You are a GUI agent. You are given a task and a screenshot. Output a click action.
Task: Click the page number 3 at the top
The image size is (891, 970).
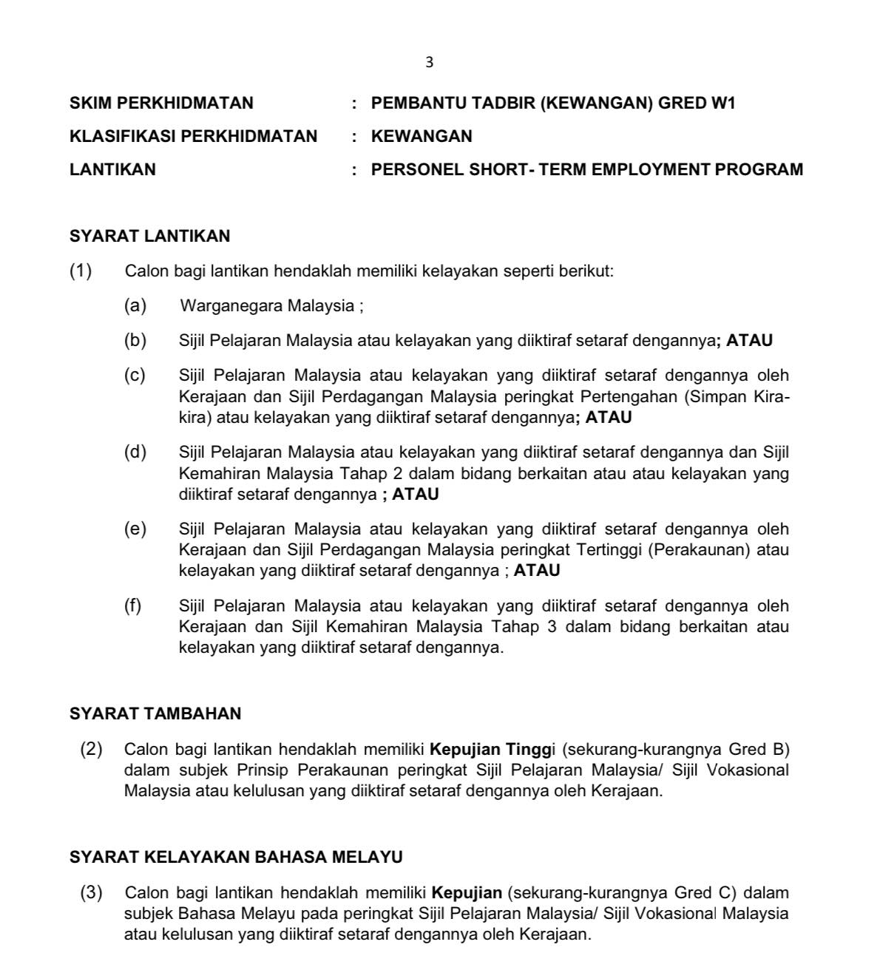[430, 63]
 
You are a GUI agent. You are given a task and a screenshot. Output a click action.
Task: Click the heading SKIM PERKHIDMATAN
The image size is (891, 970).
[161, 104]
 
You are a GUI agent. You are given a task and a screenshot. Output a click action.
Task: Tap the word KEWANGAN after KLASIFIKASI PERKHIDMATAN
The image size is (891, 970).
[421, 137]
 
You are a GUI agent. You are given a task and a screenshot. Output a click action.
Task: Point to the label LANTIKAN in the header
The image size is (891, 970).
[112, 170]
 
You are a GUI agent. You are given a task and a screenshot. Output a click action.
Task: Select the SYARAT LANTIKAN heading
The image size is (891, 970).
[149, 237]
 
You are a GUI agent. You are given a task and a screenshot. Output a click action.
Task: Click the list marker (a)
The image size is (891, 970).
[135, 305]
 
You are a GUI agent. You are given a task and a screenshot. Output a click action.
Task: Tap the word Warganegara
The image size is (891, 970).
[231, 305]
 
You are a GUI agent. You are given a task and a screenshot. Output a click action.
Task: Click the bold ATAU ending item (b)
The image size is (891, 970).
[749, 341]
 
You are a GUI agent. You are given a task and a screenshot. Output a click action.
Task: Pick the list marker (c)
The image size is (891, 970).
[135, 376]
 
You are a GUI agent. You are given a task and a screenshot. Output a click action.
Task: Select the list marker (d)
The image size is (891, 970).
[135, 452]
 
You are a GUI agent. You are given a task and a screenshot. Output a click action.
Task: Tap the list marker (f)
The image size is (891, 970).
[133, 606]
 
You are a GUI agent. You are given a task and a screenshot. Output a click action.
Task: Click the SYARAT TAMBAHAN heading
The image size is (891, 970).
[155, 714]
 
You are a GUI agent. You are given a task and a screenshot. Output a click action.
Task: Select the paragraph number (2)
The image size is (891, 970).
[92, 750]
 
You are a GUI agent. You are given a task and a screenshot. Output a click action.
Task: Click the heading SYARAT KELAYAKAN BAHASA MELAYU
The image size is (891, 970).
[236, 858]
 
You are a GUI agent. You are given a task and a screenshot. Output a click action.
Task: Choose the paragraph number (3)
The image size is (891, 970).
[92, 893]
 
